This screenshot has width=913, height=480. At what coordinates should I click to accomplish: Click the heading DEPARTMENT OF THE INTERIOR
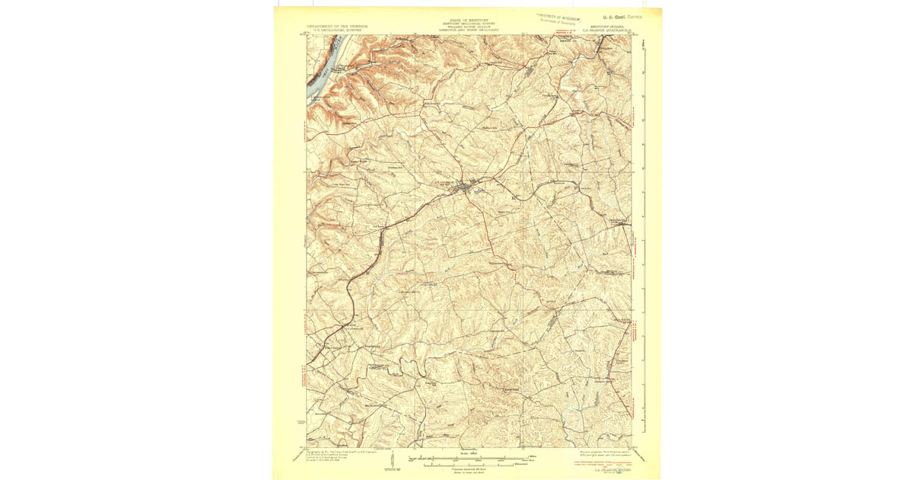pos(334,26)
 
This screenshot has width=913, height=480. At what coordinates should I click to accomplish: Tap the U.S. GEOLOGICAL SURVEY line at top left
pos(334,30)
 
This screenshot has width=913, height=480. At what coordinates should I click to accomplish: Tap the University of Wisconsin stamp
pos(564,16)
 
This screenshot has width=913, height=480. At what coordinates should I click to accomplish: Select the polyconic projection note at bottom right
pos(604,453)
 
